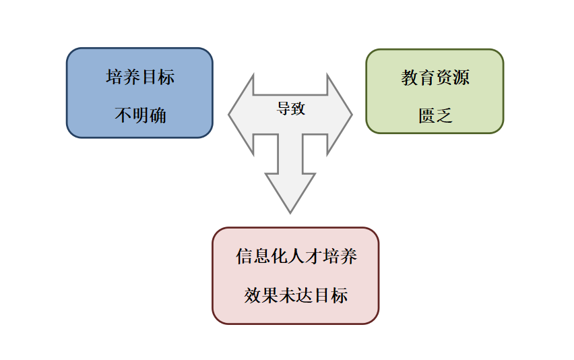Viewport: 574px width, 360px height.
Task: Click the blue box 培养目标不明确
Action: tap(139, 93)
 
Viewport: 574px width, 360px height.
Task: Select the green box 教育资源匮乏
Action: tap(435, 91)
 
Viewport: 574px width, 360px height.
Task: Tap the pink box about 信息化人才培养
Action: tap(295, 275)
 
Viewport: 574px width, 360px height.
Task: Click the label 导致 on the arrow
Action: tap(291, 109)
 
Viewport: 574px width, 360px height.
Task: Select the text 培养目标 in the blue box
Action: tap(139, 77)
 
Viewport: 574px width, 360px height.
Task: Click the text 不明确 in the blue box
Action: tap(139, 115)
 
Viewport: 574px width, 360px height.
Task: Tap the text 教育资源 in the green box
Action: tap(435, 78)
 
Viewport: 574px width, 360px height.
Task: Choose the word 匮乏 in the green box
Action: tap(435, 116)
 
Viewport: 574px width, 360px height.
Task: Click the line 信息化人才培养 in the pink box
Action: tap(296, 257)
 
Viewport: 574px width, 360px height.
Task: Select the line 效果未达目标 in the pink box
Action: tap(296, 295)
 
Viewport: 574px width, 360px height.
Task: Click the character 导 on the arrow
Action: tap(284, 109)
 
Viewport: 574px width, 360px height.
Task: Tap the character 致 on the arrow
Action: tap(298, 109)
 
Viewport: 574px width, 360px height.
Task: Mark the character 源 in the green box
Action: tap(461, 78)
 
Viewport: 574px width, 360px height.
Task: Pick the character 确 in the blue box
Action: tap(158, 115)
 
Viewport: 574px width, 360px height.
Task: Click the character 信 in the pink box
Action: tap(244, 257)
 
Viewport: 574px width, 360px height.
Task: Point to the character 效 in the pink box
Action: tap(252, 295)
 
